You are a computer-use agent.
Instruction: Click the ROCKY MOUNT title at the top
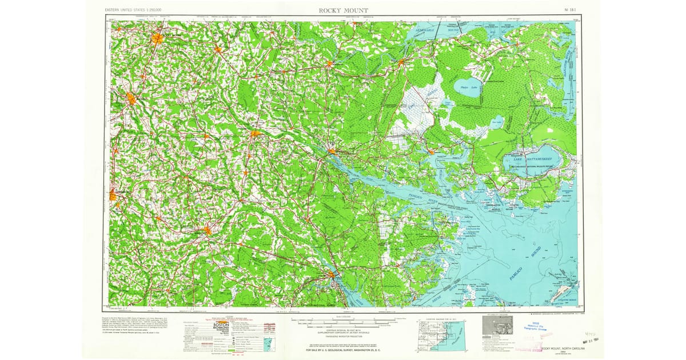coord(343,10)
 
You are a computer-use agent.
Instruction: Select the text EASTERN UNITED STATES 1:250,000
coord(133,10)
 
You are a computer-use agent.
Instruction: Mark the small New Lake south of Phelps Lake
coord(497,121)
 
